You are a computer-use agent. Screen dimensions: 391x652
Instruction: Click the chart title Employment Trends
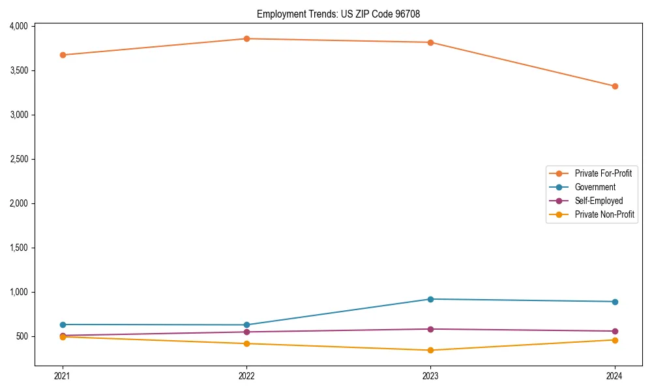[x=343, y=14]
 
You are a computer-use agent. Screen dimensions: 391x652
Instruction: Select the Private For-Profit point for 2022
[x=246, y=38]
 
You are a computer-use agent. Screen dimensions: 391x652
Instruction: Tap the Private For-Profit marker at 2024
[x=615, y=86]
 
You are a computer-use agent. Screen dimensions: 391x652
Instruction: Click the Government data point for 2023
[x=430, y=299]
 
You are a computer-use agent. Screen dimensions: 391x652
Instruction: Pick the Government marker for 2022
[x=246, y=325]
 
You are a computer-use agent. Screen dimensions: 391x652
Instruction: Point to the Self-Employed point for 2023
[x=430, y=329]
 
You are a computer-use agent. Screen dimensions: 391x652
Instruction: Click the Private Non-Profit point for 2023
[x=430, y=350]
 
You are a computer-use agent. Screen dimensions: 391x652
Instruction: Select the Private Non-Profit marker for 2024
[x=615, y=340]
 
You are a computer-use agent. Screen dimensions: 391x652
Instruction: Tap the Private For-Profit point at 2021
[x=63, y=55]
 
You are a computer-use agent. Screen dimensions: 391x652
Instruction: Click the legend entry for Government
[x=595, y=187]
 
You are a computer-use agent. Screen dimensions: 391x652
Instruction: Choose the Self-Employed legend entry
[x=599, y=201]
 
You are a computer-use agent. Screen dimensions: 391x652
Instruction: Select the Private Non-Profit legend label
[x=604, y=214]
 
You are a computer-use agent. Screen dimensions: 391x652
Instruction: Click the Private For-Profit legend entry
[x=603, y=173]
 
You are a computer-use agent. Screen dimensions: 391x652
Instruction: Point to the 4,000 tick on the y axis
[x=18, y=26]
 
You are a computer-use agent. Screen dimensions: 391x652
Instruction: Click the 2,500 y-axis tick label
[x=18, y=159]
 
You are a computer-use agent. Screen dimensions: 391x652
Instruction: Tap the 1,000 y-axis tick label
[x=18, y=292]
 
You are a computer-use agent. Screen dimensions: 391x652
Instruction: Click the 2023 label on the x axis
[x=430, y=376]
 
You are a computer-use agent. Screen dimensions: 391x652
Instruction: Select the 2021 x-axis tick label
[x=63, y=376]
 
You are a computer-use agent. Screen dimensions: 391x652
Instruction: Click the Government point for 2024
[x=615, y=302]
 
